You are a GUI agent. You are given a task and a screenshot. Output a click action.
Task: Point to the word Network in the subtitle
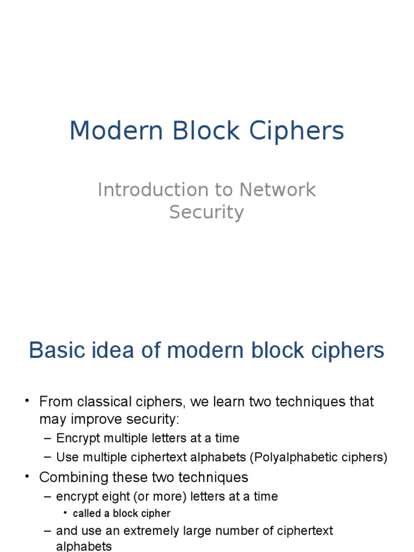pos(277,190)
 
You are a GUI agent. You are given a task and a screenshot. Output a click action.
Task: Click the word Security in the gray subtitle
pos(206,212)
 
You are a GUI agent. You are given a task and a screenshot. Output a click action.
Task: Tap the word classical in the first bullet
pos(105,402)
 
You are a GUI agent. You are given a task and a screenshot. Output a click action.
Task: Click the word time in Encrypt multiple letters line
pos(227,438)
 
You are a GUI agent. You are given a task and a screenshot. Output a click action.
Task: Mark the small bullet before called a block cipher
pos(65,514)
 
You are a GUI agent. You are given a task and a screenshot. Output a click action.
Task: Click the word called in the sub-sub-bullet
pos(87,514)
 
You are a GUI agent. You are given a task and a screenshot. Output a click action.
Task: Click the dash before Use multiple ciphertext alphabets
pos(47,458)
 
